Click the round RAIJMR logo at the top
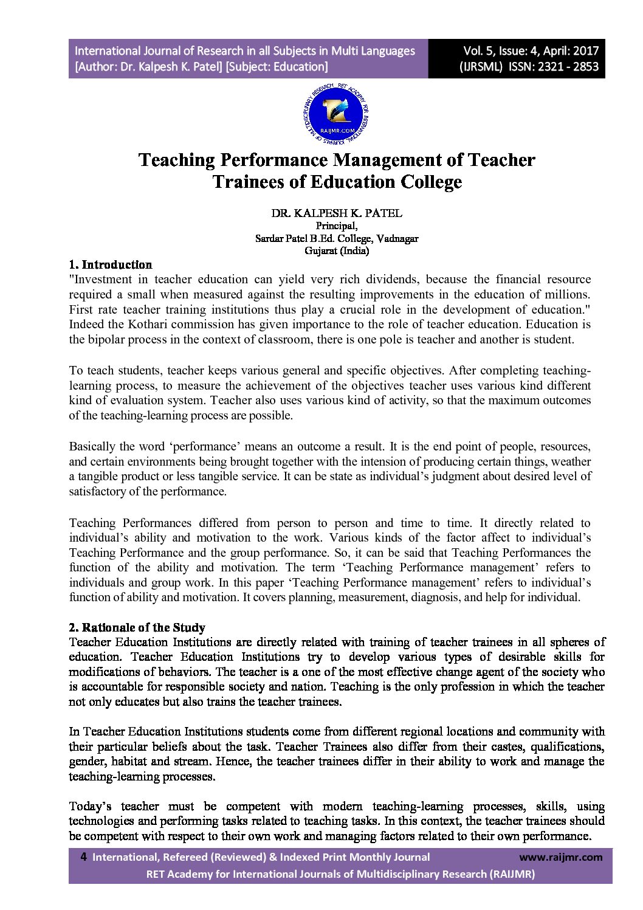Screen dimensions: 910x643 335,115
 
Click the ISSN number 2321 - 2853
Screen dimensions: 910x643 568,67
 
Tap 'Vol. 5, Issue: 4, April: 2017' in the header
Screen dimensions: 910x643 531,51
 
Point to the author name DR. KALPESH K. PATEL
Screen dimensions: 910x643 336,213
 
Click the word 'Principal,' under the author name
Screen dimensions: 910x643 336,226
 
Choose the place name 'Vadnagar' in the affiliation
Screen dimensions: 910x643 397,238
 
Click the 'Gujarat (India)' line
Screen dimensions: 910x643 336,250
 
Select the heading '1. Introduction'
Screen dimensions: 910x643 111,264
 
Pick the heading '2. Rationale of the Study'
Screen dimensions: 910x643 137,627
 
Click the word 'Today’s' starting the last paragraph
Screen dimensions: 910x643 90,807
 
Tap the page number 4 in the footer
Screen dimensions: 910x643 83,857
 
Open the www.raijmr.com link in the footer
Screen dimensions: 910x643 561,857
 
